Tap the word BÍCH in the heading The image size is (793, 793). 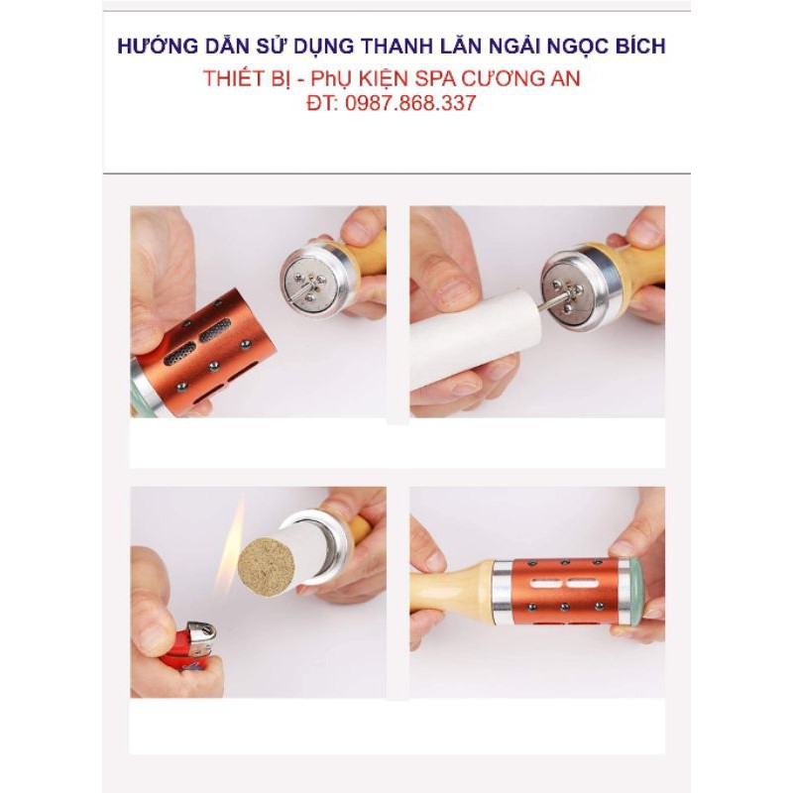coord(636,46)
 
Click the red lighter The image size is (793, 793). coord(189,645)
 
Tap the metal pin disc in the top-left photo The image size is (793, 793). coord(309,280)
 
